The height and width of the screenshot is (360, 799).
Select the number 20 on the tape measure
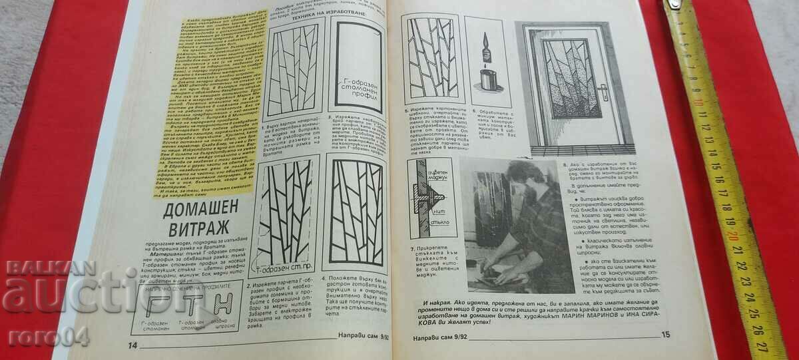coord(732,236)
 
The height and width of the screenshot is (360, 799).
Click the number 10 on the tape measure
coord(697,103)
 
